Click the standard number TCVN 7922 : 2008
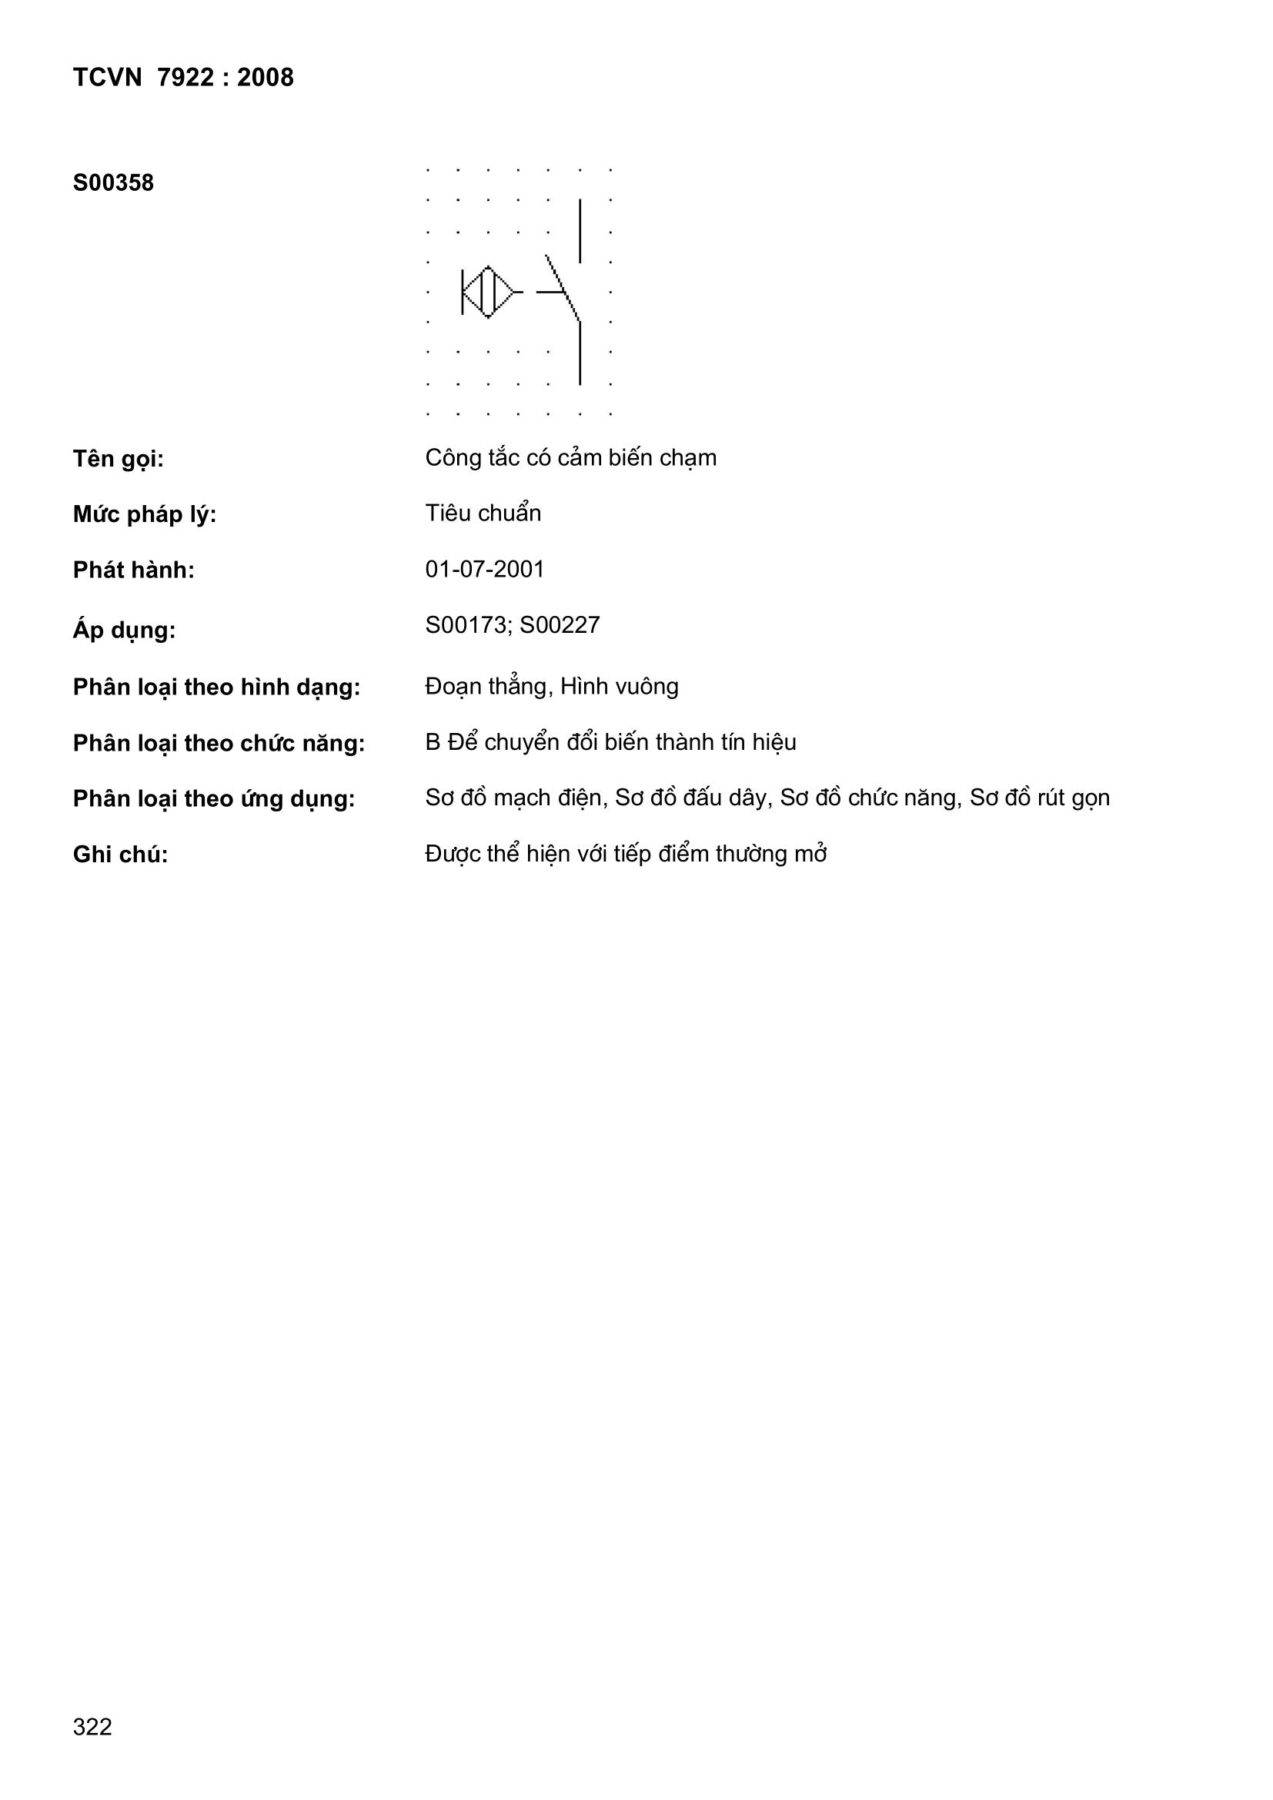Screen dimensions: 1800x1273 (182, 78)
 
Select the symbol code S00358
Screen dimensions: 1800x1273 (113, 182)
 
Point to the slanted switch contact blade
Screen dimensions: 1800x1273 (563, 289)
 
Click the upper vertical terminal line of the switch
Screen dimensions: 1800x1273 (580, 230)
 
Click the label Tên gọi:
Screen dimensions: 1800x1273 (119, 459)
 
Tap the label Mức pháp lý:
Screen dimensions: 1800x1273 (144, 514)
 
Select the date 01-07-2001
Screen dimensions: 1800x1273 (483, 569)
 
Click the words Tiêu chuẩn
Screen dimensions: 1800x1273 (482, 513)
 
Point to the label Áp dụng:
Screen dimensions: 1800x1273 (124, 630)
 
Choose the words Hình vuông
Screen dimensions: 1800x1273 (619, 687)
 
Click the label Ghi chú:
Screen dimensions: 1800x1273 (120, 854)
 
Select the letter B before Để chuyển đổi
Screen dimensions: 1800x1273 (433, 742)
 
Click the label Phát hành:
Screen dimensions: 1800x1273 (133, 570)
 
